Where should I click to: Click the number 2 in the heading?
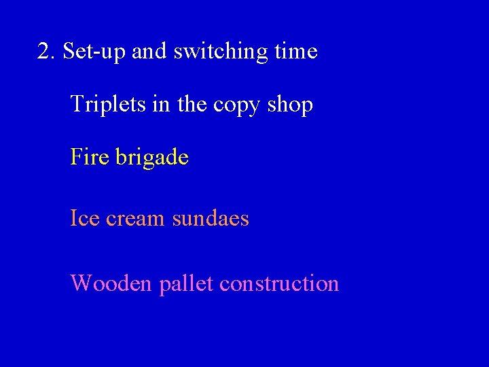[45, 52]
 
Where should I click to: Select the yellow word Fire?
[89, 158]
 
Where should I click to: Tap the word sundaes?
[211, 219]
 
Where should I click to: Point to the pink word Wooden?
[111, 283]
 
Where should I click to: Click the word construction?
[279, 283]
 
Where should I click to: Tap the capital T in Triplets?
[76, 105]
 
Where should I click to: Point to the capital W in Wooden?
[80, 283]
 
